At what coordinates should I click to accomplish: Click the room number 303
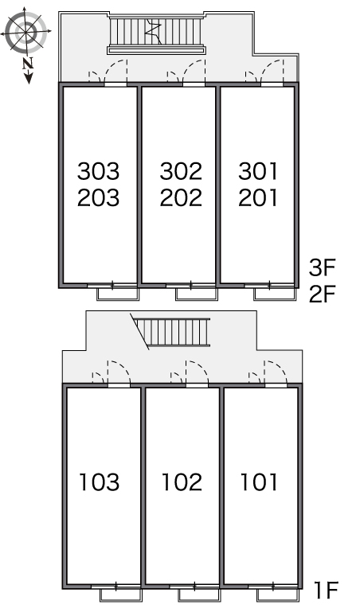coord(98,171)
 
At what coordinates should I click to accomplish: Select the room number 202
coord(181,197)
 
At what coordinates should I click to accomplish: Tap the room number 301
coord(258,171)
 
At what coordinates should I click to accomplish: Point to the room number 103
coord(99,482)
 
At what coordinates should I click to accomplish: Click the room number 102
coord(182,482)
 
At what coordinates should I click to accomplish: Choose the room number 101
coord(259,482)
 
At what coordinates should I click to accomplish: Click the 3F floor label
coord(322,268)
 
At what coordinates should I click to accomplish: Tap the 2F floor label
coord(322,294)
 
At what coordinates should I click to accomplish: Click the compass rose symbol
coord(26,31)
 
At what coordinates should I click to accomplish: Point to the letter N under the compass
coord(27,63)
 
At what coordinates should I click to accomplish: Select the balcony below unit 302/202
coord(197,294)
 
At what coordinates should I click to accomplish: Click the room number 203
coord(98,197)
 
